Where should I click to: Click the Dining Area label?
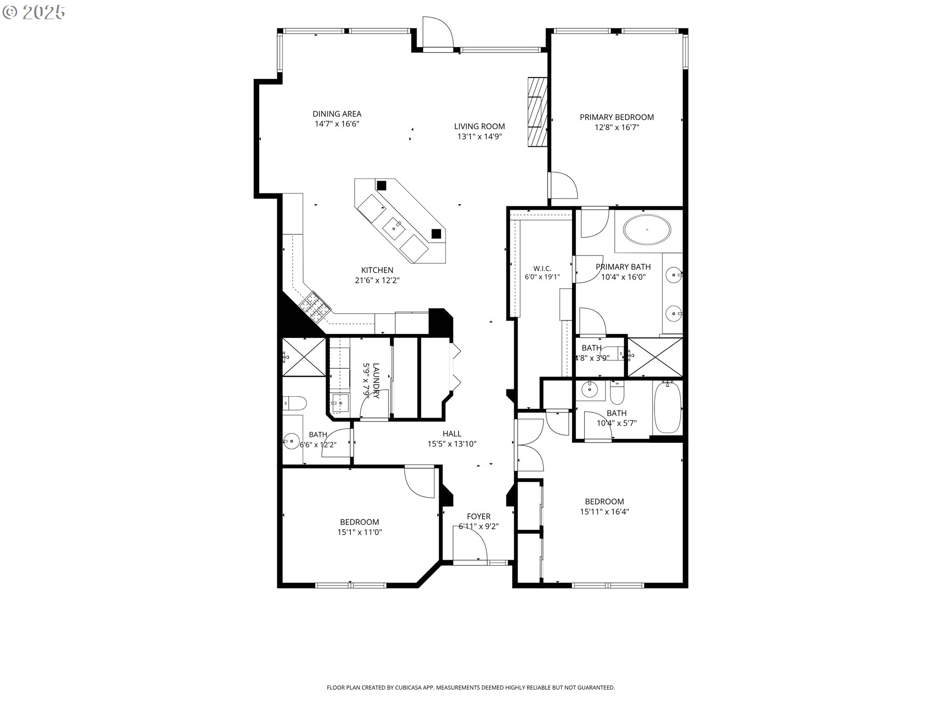[337, 114]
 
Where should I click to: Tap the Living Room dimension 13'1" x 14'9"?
[479, 136]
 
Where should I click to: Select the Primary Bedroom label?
[617, 117]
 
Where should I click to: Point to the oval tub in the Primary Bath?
[647, 229]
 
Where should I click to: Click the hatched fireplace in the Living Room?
[537, 111]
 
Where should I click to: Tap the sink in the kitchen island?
[394, 227]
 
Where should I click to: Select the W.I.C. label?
[542, 269]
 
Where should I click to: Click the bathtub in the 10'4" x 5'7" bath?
[667, 407]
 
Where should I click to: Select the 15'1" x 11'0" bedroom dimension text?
[360, 532]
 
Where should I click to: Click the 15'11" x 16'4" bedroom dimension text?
[604, 512]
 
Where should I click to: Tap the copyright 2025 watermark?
[34, 12]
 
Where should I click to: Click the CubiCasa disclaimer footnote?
[471, 688]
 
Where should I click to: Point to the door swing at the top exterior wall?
[438, 33]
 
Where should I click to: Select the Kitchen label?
[377, 270]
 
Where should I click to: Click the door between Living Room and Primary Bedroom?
[563, 185]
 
